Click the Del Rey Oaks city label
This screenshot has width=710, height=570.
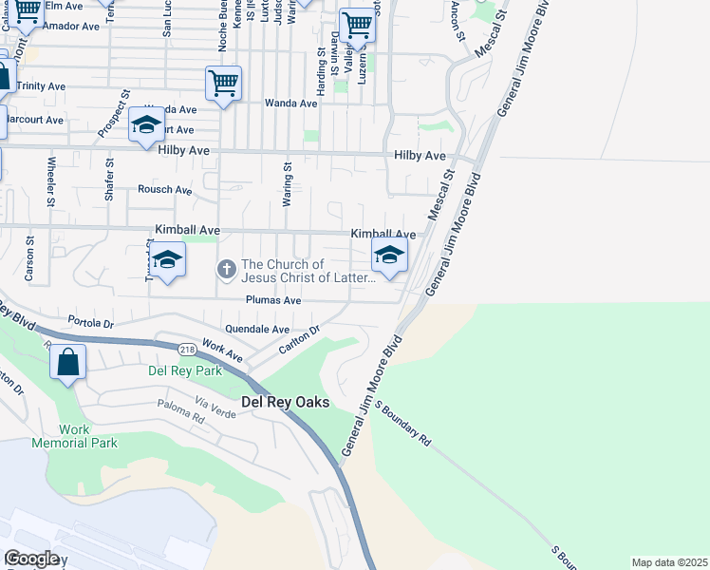[285, 402]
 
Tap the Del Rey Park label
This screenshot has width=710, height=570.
[184, 370]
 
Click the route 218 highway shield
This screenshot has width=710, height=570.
[185, 349]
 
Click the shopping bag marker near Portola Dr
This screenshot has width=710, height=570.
[68, 363]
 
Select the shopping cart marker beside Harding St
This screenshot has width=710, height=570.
[357, 26]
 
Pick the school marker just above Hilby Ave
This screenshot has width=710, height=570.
[147, 124]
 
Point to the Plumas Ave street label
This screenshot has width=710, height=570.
[273, 300]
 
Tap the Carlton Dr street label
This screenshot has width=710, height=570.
[301, 341]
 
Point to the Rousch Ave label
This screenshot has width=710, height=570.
[164, 189]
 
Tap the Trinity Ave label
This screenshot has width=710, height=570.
[40, 85]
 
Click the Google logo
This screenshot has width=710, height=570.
[31, 558]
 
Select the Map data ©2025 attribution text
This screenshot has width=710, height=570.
[669, 562]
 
